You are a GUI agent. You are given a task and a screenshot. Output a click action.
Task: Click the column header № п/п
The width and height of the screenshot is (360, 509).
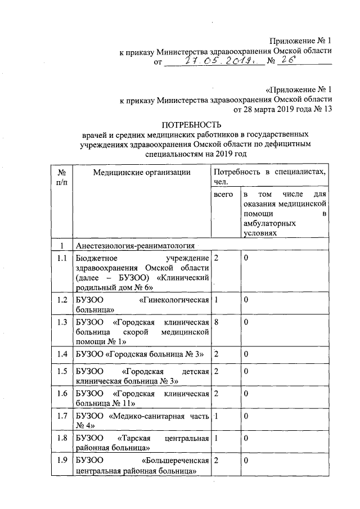[62, 176]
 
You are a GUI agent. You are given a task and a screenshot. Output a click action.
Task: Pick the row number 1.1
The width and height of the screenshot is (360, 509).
[62, 257]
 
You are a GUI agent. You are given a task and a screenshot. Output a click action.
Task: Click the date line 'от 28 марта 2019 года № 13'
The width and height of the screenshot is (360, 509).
[280, 109]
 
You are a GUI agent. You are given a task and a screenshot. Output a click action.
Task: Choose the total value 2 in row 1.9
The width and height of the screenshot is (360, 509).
[217, 461]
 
